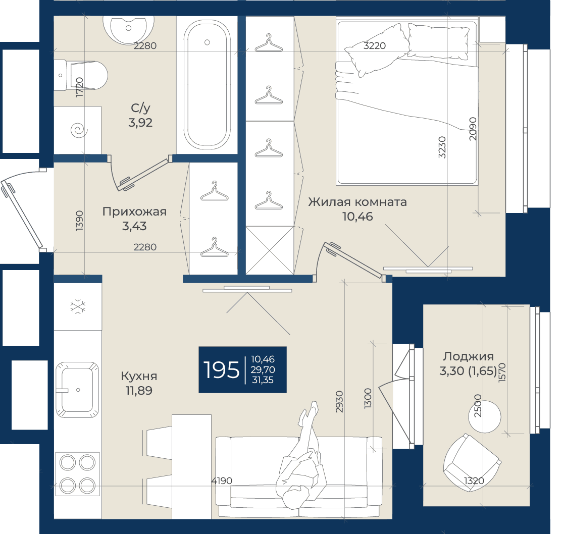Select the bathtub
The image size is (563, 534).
point(207,84)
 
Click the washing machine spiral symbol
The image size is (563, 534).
point(79,130)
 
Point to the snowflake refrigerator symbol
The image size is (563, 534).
point(78,307)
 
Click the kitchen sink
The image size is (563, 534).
point(77,390)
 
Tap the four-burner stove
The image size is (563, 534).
point(77,474)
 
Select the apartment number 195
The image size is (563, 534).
point(221,370)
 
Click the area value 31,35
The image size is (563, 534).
point(263,380)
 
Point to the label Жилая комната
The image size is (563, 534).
point(357,202)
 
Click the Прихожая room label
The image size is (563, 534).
point(134,211)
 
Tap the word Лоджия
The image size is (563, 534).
point(468,356)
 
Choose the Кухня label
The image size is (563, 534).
point(139,376)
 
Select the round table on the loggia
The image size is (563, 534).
point(485,416)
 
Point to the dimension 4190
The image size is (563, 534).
point(222,481)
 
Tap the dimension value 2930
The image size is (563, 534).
point(340,402)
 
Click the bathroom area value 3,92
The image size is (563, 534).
point(140,122)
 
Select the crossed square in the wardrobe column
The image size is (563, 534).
point(270,250)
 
